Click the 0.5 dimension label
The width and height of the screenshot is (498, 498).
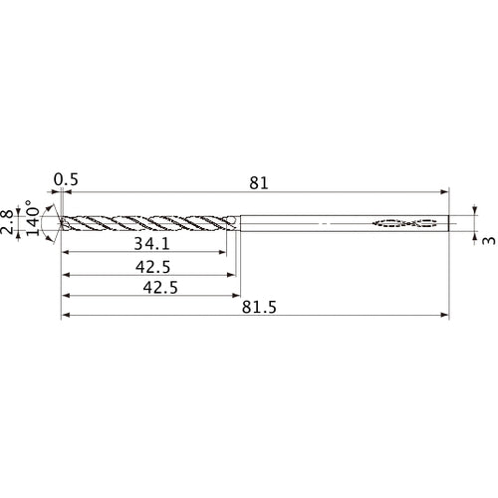click(67, 180)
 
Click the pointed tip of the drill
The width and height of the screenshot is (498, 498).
click(60, 223)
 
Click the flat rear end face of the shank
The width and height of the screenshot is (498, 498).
click(449, 223)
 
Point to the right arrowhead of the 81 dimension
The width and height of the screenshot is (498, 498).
click(445, 191)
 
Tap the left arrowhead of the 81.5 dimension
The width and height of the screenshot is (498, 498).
click(65, 317)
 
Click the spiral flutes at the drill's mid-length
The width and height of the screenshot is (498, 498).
click(149, 223)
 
